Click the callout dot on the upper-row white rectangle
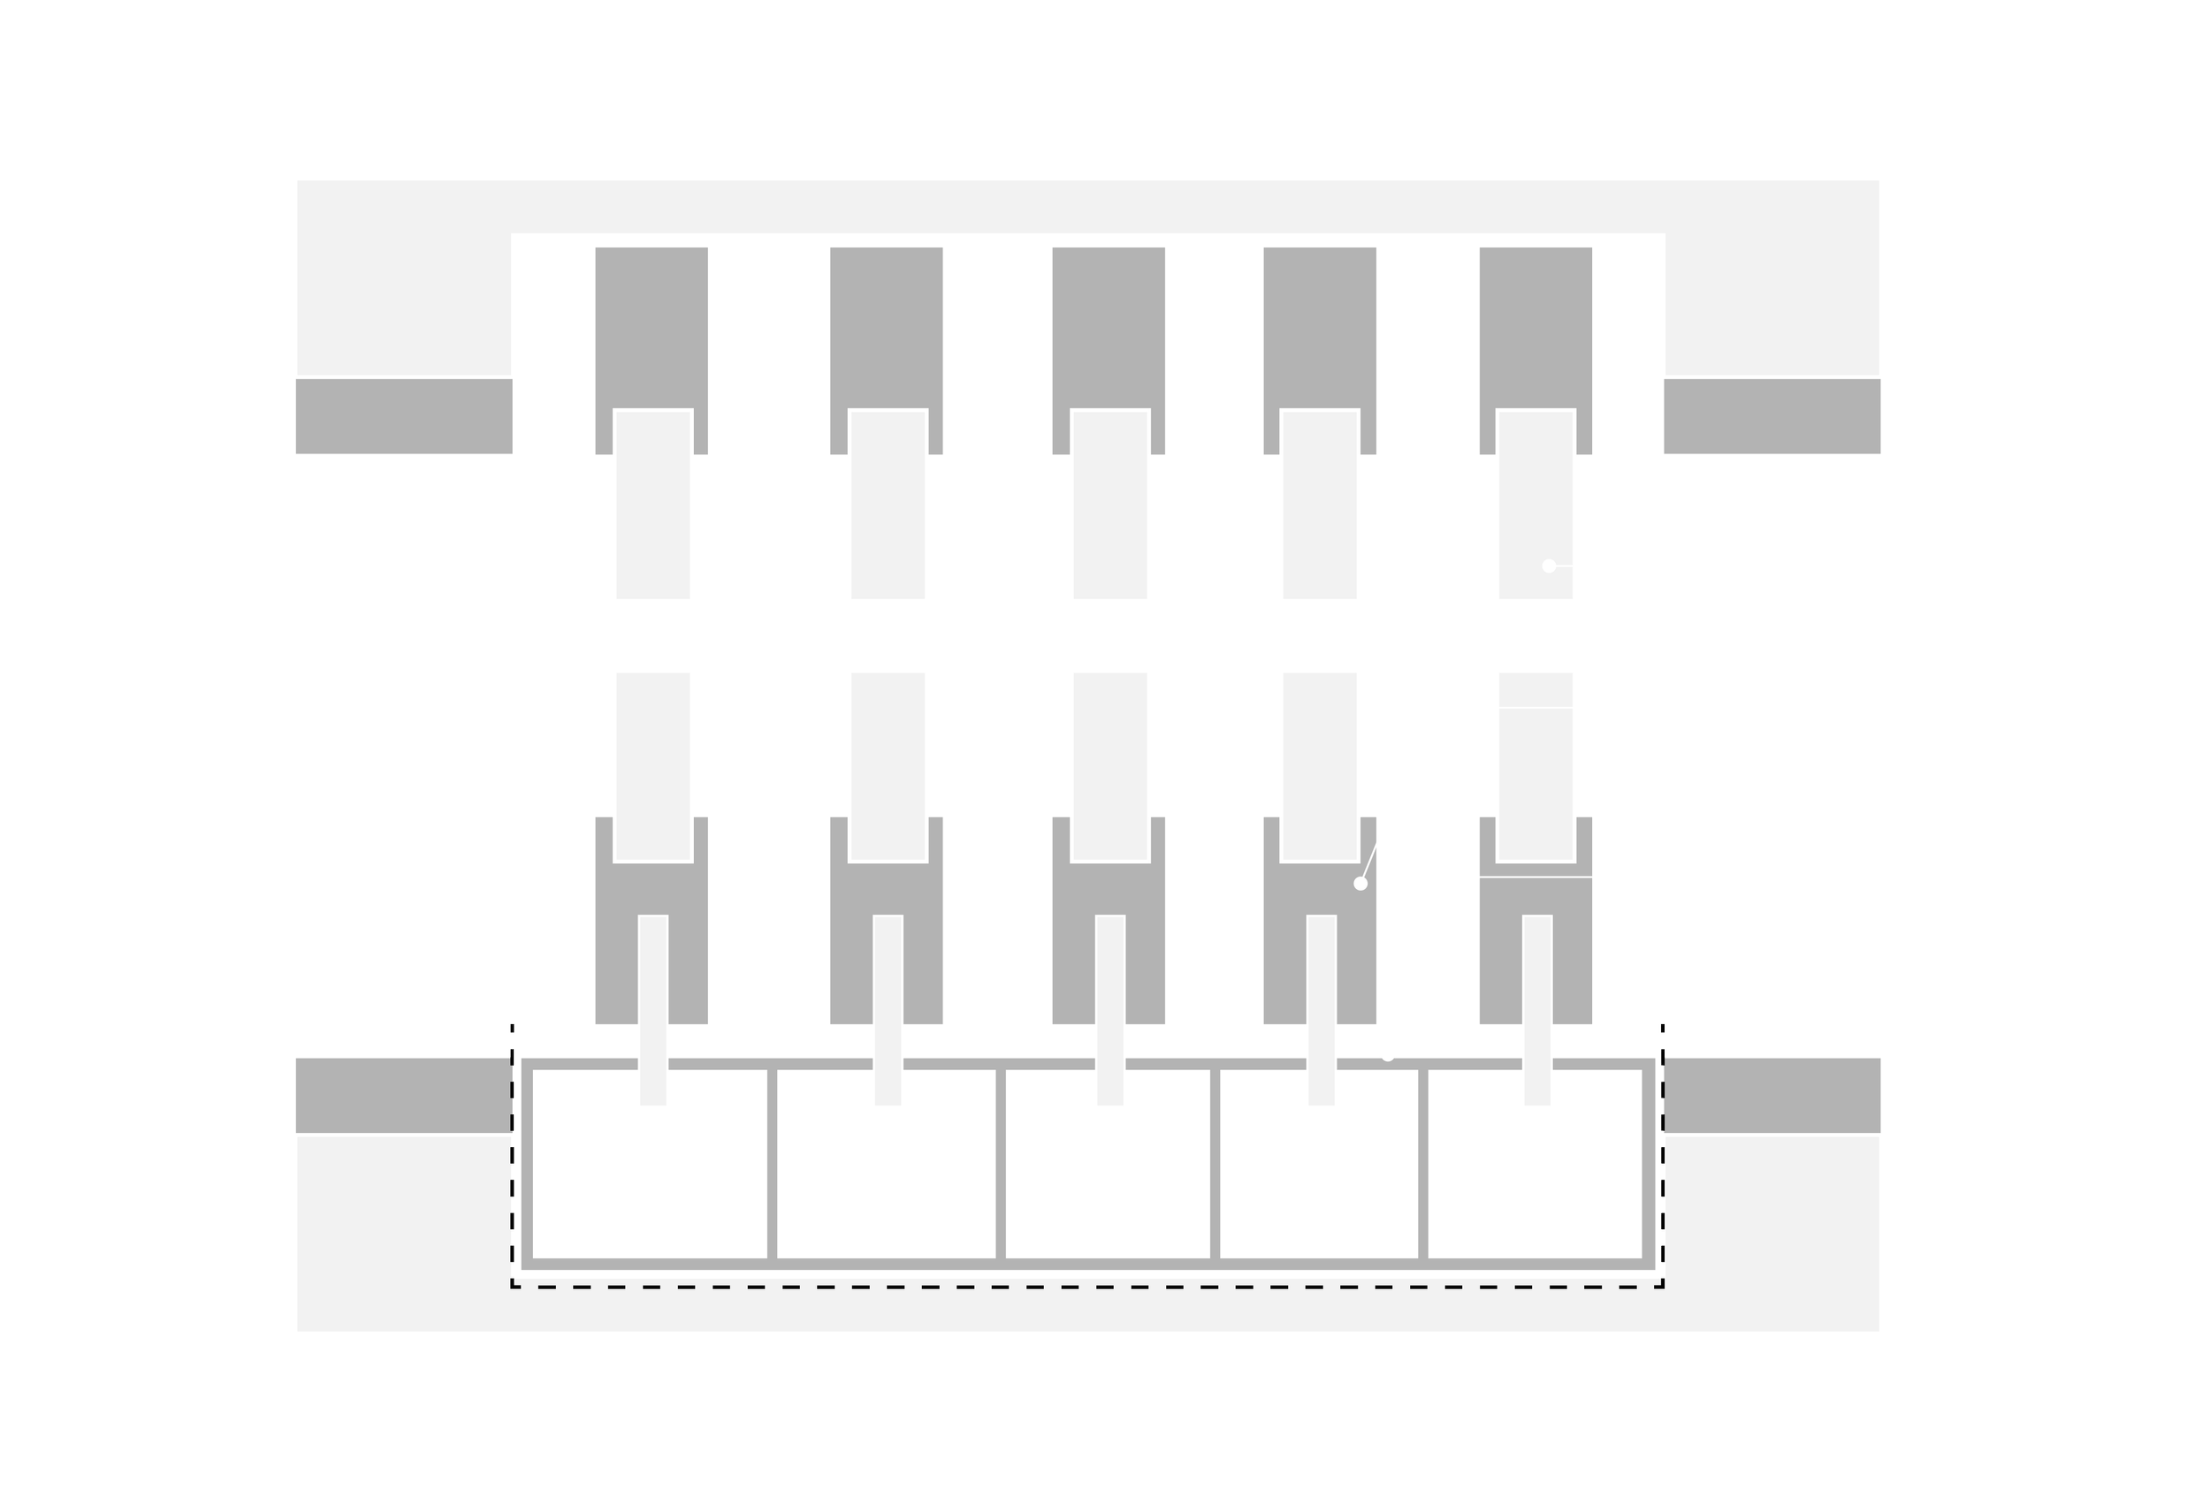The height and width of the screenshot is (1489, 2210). click(1549, 566)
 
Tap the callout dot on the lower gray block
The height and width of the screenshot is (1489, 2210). click(1360, 883)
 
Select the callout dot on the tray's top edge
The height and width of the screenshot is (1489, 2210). click(1388, 1054)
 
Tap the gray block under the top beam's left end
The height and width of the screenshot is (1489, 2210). click(403, 417)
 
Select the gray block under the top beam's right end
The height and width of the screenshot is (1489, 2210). click(1772, 417)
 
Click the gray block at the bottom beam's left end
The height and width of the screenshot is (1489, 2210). click(403, 1094)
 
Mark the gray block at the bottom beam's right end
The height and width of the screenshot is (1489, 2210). click(1772, 1094)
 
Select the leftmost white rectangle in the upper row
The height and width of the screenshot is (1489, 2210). click(652, 506)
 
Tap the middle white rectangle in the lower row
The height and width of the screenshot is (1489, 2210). click(1110, 764)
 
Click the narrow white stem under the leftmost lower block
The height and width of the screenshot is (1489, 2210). click(652, 1011)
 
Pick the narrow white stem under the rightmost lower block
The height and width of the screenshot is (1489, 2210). click(1536, 1011)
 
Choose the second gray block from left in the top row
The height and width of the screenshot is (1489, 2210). click(886, 323)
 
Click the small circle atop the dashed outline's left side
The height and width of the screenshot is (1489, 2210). click(513, 1029)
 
